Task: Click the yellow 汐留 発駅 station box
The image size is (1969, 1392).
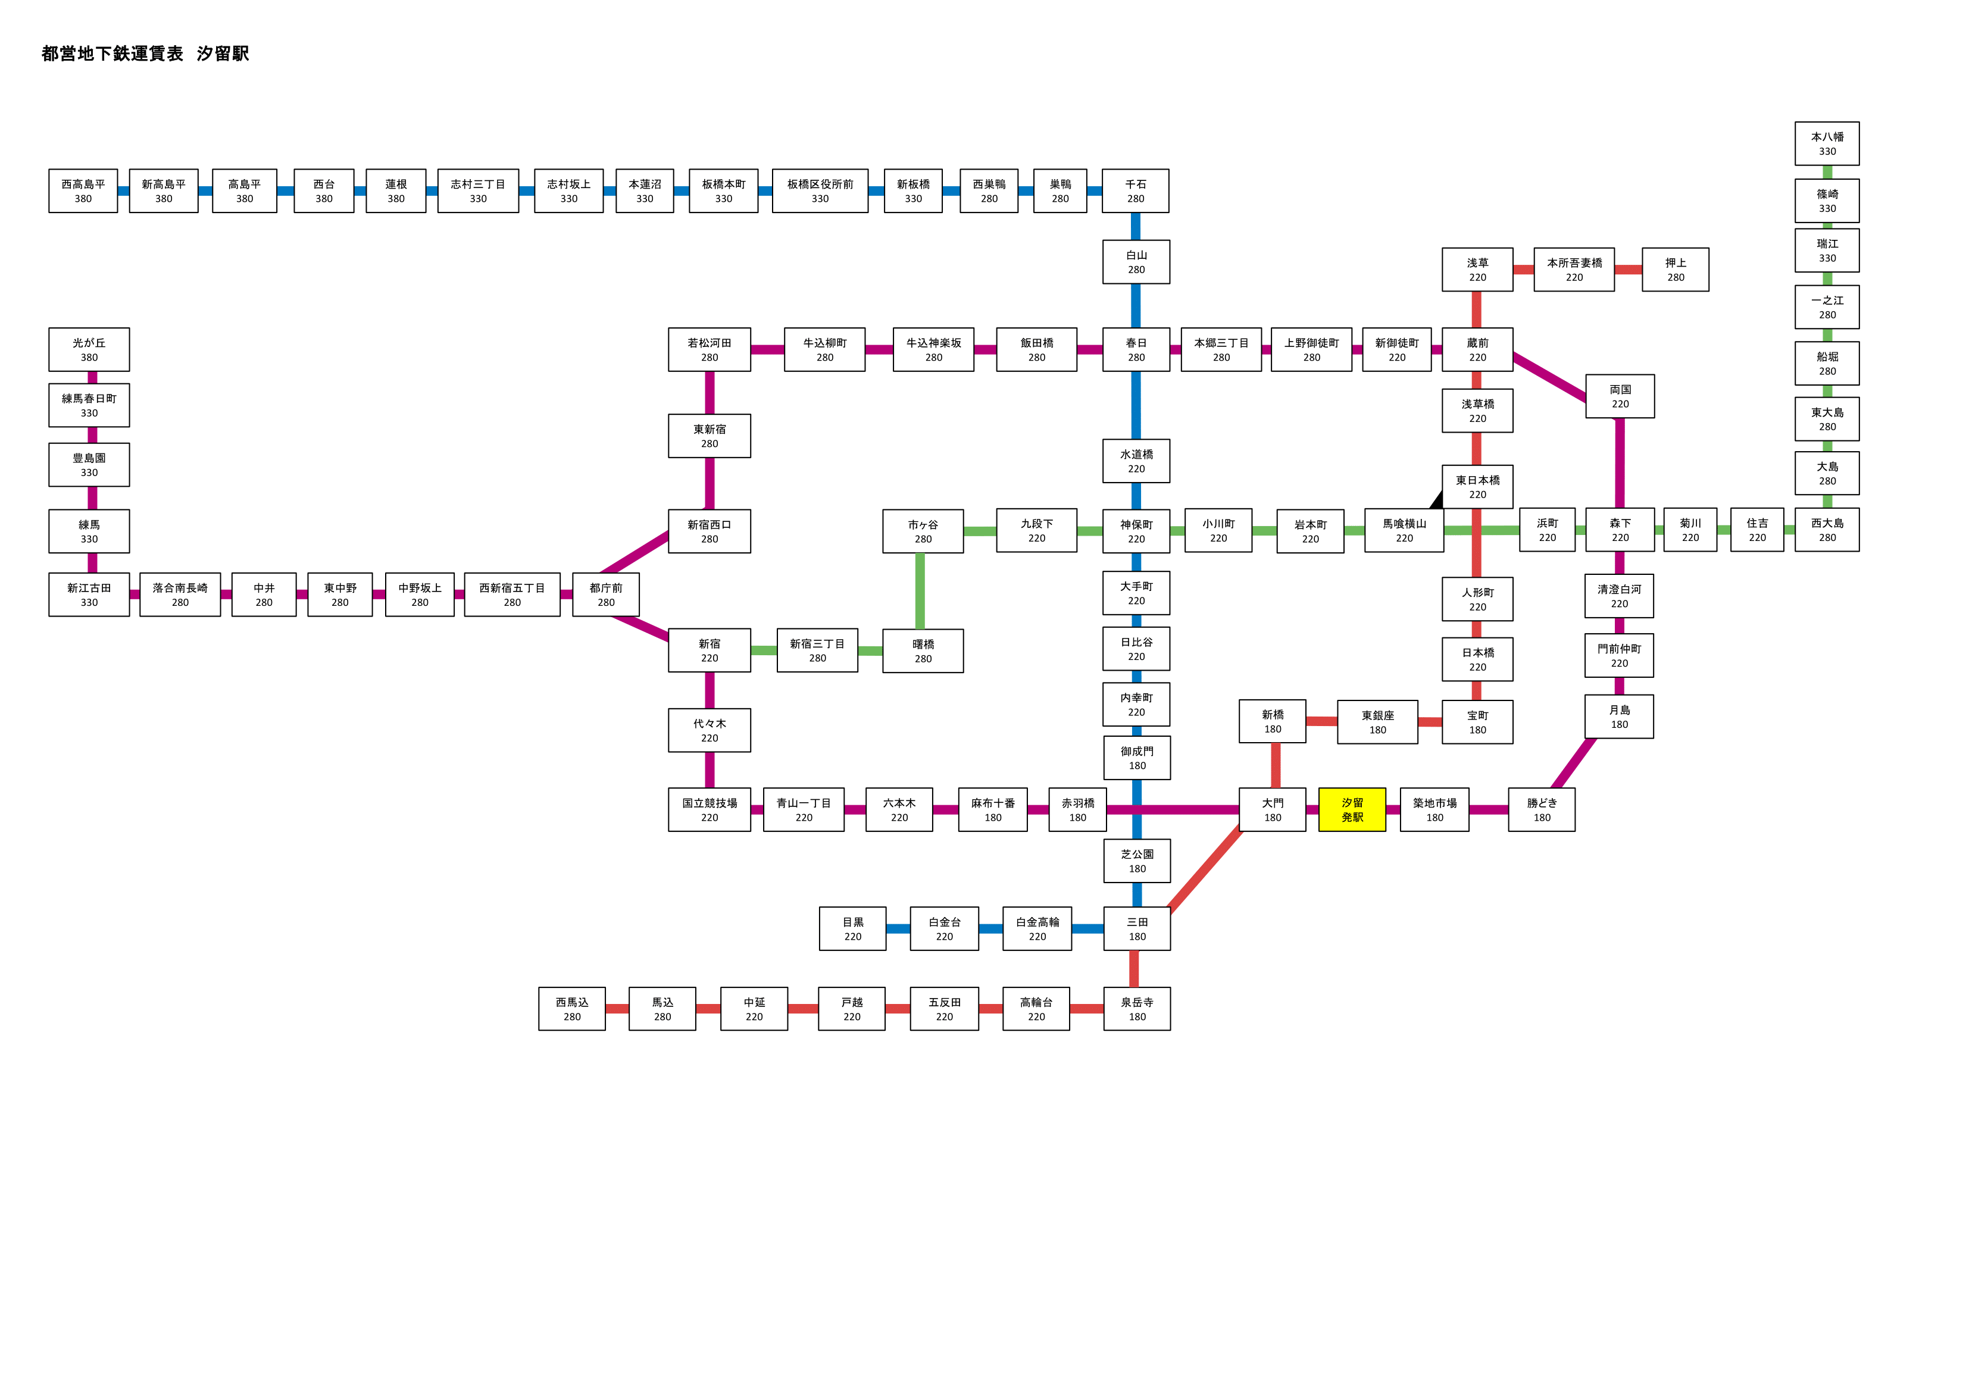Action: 1352,809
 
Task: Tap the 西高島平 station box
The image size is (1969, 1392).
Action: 83,190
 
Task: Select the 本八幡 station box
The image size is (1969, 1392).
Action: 1827,143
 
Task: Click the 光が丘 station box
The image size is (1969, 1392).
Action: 89,349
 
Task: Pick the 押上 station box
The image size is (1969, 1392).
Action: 1675,270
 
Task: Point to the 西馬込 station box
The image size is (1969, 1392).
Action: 572,1009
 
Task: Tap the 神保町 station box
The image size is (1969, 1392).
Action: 1136,531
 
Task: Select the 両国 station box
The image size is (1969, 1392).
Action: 1620,396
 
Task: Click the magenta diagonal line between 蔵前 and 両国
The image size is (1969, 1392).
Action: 1549,377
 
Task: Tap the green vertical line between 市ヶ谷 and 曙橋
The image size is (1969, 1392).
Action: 920,591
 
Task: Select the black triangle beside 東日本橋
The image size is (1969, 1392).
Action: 1436,499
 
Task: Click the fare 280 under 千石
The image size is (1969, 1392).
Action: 1136,199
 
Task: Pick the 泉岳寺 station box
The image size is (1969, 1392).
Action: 1137,1009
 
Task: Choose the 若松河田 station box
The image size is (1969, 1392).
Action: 710,349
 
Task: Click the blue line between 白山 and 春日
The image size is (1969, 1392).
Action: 1136,305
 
